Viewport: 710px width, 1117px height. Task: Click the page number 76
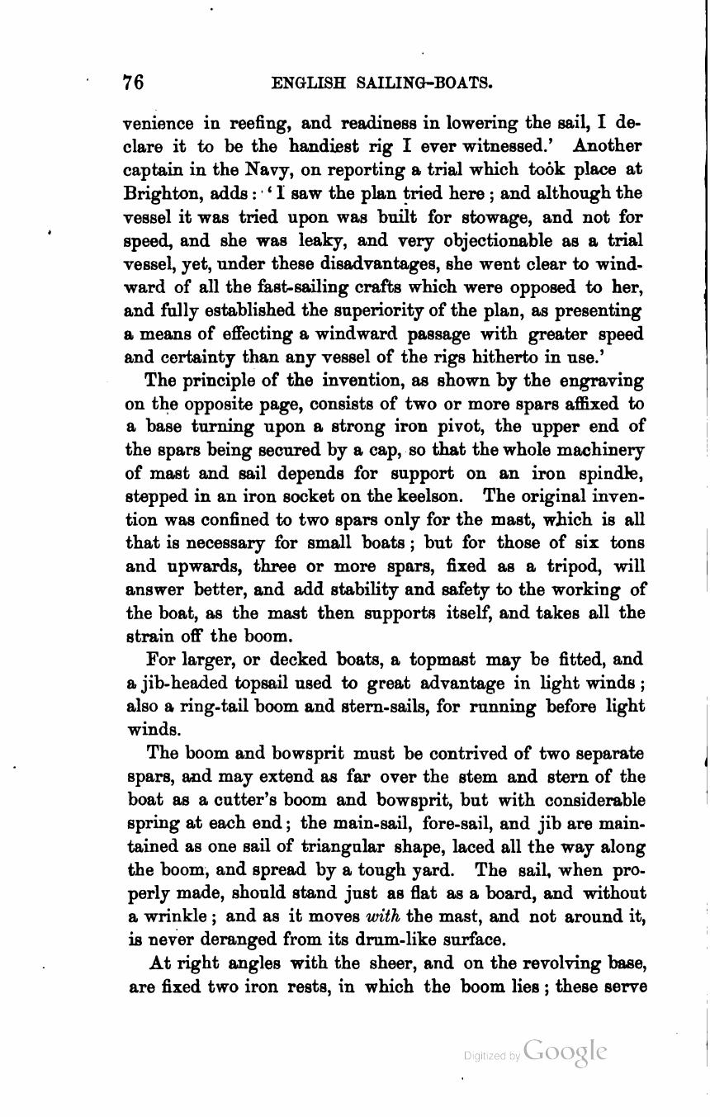point(133,82)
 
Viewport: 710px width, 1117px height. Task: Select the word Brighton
point(157,193)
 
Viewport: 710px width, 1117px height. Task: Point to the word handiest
point(328,146)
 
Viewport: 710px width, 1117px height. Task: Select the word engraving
point(600,381)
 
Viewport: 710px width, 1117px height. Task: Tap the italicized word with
point(377,916)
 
